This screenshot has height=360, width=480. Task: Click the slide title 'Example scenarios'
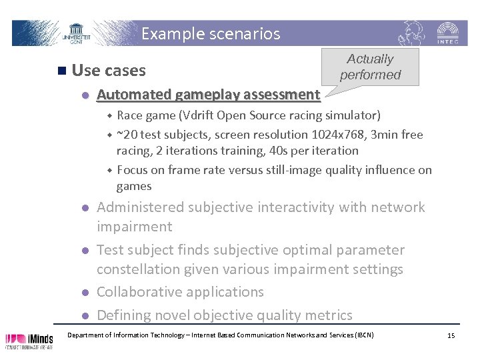coord(211,33)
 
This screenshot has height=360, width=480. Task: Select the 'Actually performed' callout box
coord(370,67)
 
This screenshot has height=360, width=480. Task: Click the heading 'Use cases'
coord(108,70)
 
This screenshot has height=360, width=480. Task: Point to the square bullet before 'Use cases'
coord(61,70)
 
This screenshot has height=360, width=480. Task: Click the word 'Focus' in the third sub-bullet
coord(132,170)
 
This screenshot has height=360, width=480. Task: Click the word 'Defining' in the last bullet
coord(125,315)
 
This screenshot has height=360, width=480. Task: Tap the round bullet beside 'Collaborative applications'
coord(85,293)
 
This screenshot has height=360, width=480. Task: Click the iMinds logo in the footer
coord(31,340)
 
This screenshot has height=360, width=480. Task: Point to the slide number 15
coord(451,335)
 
